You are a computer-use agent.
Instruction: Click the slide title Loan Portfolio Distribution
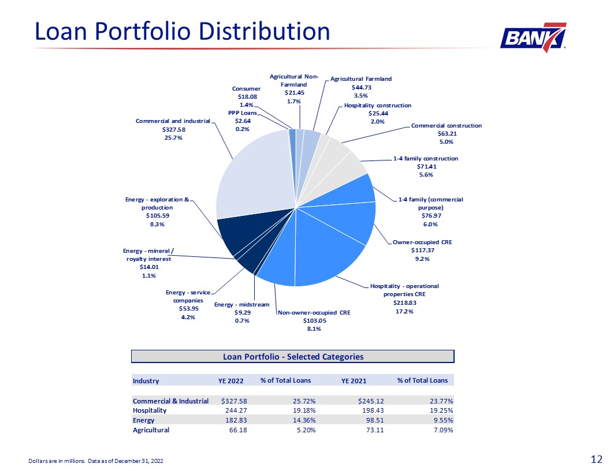tap(182, 31)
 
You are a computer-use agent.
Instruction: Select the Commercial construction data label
tap(446, 133)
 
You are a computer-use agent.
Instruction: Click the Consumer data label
tap(247, 96)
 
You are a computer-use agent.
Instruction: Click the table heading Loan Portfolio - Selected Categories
tap(293, 357)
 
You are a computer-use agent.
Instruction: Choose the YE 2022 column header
tap(230, 380)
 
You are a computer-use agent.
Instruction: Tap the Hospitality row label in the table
tap(150, 410)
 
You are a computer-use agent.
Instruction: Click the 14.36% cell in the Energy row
tap(302, 420)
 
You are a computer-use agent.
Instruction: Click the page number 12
tap(597, 459)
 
